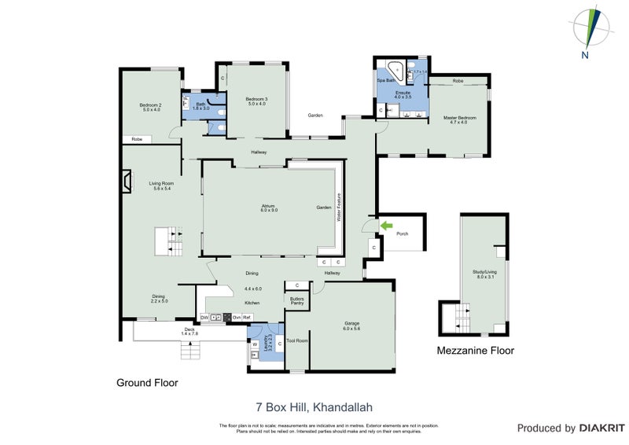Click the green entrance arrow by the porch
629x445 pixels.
[x=384, y=226]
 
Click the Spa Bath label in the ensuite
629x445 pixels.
[x=386, y=80]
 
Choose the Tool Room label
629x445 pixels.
[x=296, y=340]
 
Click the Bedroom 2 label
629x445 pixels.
[x=150, y=107]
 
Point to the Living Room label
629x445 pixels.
[x=160, y=186]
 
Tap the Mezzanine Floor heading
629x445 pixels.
[x=475, y=351]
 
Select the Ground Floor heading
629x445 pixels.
[x=147, y=383]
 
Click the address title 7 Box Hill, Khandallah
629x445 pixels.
[x=314, y=407]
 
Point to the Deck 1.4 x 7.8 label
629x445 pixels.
[x=189, y=331]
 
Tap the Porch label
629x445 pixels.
[x=402, y=234]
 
